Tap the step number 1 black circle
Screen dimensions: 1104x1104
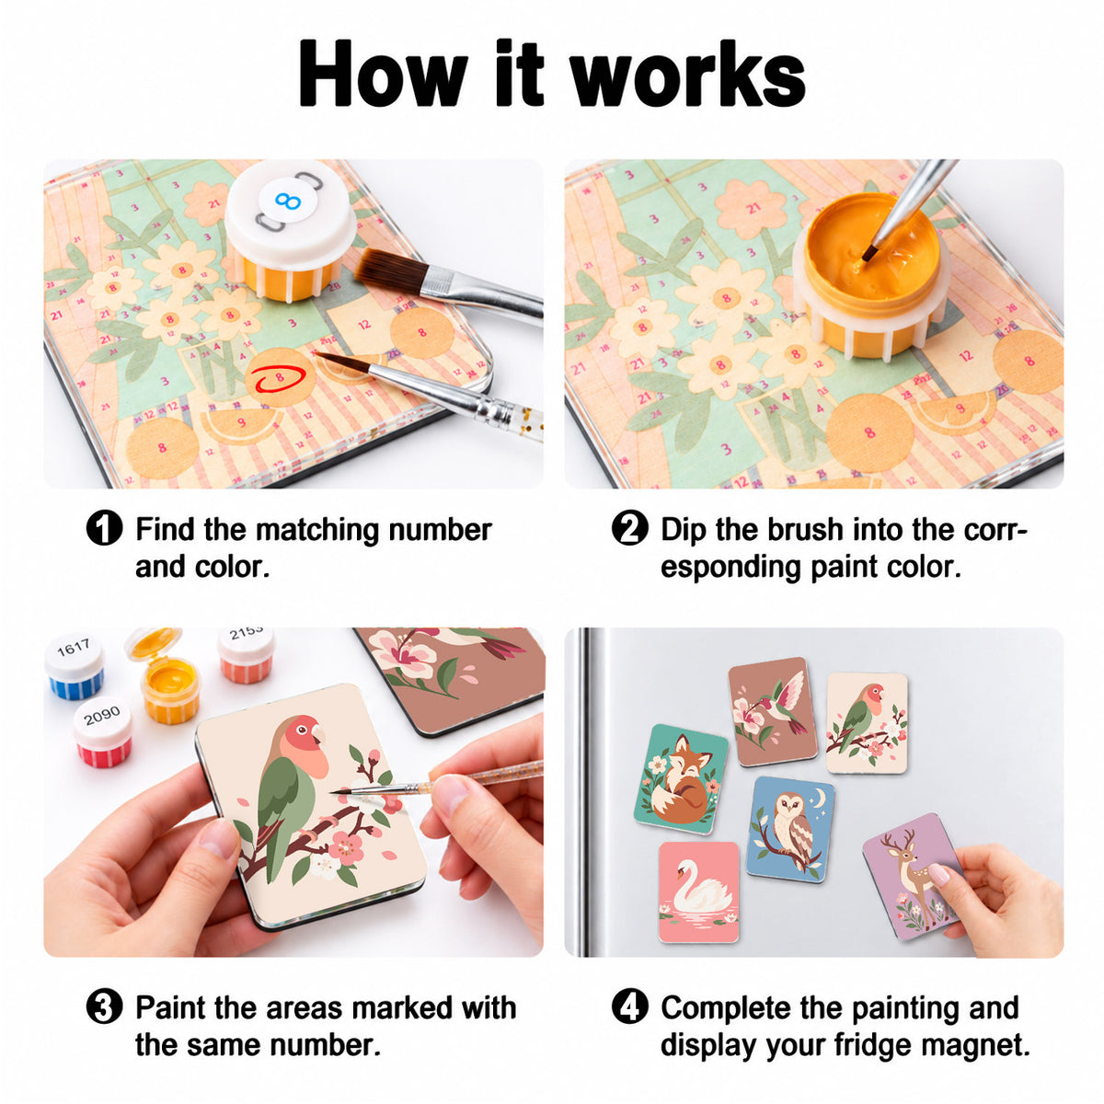[104, 528]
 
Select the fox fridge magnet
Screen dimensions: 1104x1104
[681, 779]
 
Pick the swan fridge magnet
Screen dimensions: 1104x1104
[698, 891]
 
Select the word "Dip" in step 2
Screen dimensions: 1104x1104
[684, 530]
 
